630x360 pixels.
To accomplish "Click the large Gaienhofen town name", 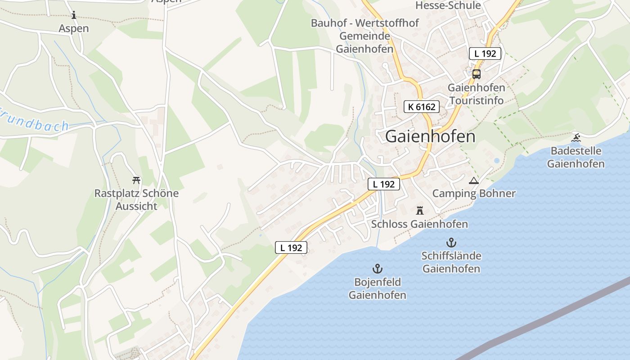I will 430,136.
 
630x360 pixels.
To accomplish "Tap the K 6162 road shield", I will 421,107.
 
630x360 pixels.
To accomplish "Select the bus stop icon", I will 476,74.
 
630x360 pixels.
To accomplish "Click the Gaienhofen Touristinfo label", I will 476,94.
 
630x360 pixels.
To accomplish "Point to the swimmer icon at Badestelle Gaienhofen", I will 576,138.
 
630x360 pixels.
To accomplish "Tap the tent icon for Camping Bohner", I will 473,181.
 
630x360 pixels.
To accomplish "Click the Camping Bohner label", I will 474,193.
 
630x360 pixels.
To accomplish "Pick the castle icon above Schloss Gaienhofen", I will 420,210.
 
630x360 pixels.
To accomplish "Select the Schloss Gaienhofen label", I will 419,224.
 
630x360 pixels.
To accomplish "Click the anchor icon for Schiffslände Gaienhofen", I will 451,243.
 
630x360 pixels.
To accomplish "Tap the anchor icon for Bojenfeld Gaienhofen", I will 377,269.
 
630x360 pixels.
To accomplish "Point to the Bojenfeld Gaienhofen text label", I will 377,288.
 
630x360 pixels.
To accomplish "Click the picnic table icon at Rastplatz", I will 136,180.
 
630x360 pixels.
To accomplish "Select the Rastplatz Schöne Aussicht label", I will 136,200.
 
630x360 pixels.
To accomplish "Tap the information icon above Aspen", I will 74,15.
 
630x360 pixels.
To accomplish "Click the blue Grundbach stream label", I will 34,123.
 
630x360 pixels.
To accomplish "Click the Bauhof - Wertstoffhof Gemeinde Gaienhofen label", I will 365,36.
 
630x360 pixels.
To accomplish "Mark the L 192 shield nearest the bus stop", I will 485,54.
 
